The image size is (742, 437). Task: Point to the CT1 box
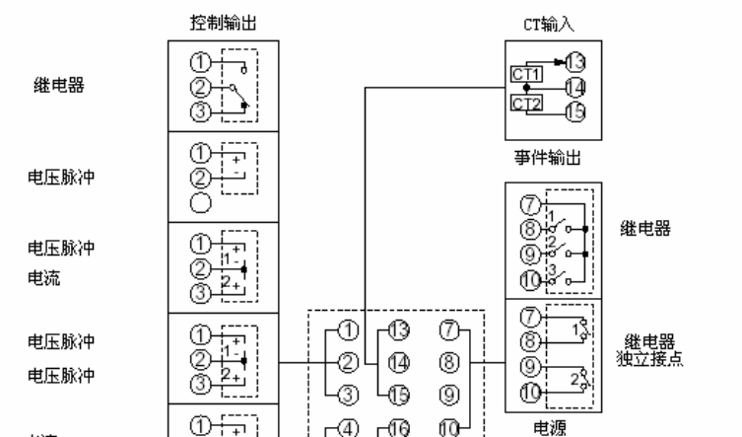coord(523,73)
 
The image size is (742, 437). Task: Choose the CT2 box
coord(523,101)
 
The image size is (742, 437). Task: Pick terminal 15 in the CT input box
coord(576,111)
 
